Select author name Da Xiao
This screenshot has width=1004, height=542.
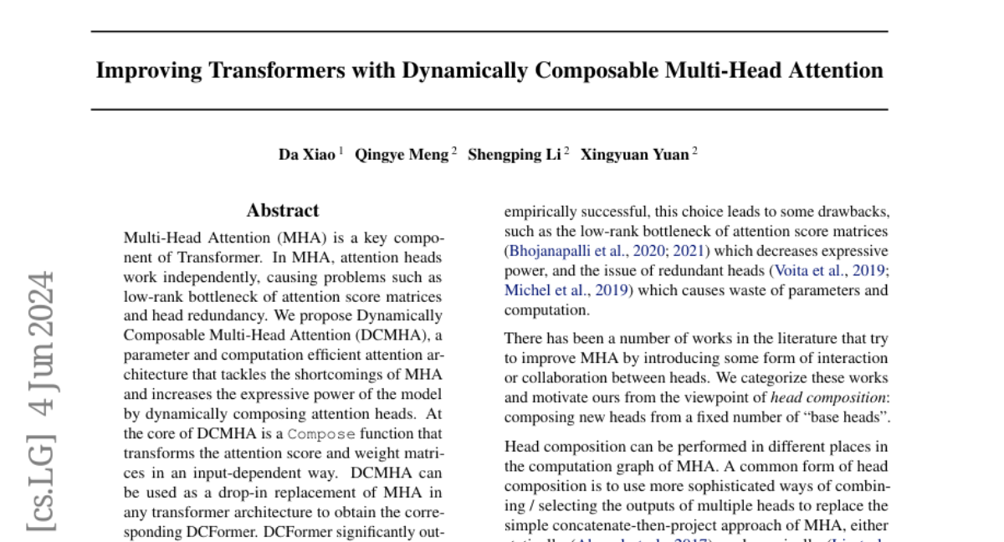tap(307, 155)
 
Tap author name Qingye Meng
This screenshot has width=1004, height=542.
tap(402, 155)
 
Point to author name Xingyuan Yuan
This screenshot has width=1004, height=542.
tap(635, 155)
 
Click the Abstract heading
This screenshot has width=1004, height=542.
tap(283, 211)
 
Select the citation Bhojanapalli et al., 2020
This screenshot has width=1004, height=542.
tap(586, 251)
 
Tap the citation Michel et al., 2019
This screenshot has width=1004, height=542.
tap(566, 290)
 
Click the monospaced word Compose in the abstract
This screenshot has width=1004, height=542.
tap(322, 434)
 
